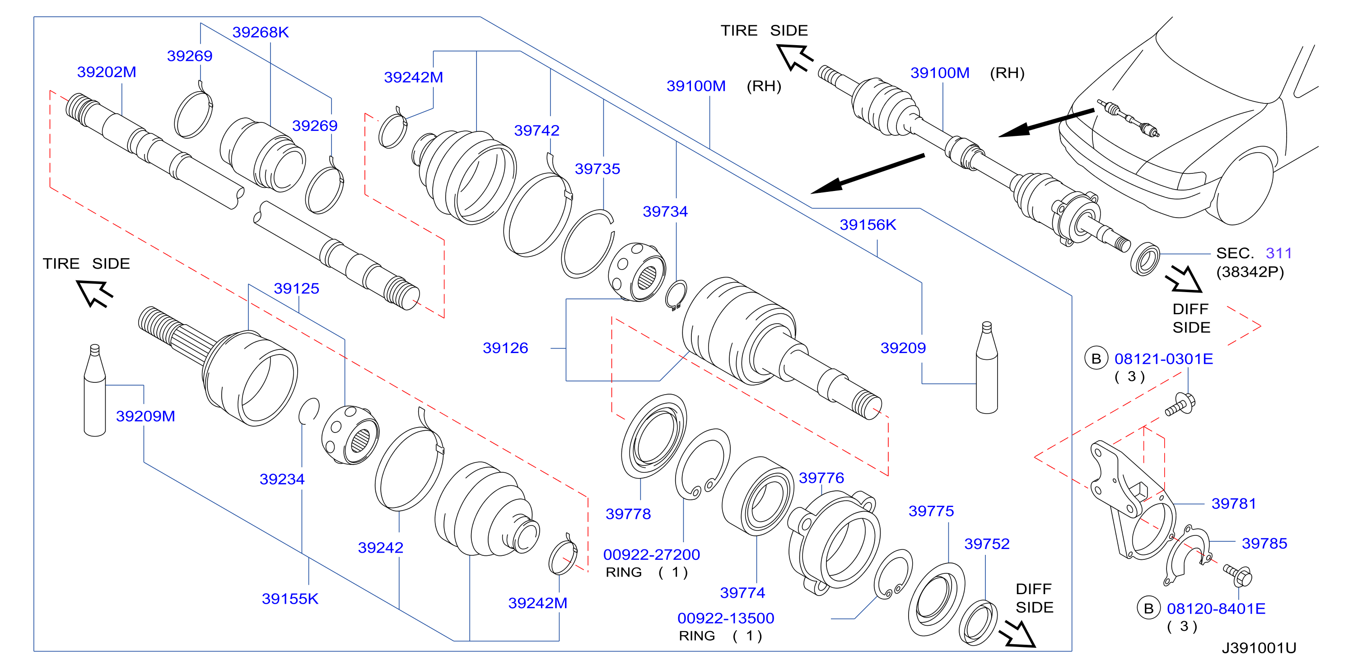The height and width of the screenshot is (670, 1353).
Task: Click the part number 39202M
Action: [107, 72]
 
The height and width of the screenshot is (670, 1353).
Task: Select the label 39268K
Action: [261, 32]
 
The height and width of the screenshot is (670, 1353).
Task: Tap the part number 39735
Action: [597, 168]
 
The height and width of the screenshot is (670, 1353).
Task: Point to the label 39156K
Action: [868, 225]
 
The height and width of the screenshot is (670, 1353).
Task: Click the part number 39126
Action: [505, 348]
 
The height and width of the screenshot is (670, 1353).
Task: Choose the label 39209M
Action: [145, 416]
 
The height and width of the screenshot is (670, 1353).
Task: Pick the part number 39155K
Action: [290, 599]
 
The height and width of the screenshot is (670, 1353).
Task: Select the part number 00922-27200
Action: [651, 554]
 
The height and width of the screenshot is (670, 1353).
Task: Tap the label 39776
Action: [821, 478]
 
